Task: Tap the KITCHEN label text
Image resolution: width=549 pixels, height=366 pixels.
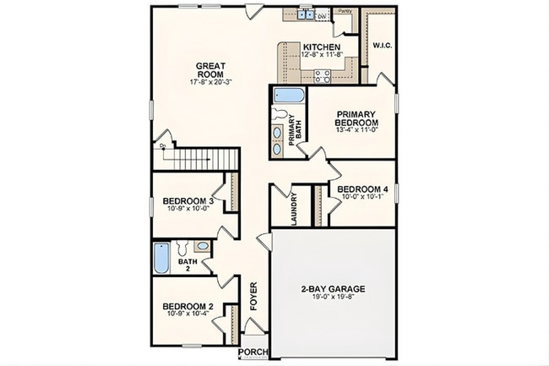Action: coord(321,46)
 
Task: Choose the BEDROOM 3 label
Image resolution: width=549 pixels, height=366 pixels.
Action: coord(188,200)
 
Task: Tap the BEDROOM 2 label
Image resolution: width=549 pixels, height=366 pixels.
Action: coord(188,307)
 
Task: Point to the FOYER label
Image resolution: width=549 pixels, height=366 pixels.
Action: coord(252,296)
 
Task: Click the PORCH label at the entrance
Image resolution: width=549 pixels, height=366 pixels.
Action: coord(253,352)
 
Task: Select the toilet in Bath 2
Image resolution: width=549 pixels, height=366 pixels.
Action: coord(201,247)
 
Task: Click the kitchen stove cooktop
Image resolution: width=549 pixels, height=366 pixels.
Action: coord(323,75)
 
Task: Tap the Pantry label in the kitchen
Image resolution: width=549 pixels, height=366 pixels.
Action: coord(344,11)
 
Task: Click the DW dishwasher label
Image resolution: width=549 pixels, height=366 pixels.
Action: coord(321,16)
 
